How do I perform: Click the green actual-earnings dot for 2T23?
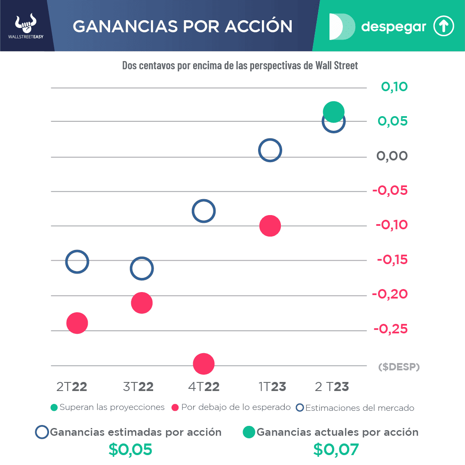click(333, 112)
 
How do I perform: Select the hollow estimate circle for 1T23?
click(270, 151)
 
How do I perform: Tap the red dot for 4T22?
click(204, 364)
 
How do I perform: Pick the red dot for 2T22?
click(77, 323)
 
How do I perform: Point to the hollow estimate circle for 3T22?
click(142, 268)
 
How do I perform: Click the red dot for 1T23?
click(270, 226)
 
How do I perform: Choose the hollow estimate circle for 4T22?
click(204, 211)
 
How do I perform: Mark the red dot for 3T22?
click(142, 303)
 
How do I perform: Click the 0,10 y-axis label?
click(394, 87)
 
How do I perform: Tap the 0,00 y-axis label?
click(392, 156)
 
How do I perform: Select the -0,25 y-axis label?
click(390, 329)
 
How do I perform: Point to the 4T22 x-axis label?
click(204, 387)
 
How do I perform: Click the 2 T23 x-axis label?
click(332, 387)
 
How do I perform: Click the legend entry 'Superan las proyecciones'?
click(108, 407)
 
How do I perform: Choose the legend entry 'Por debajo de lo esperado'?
click(231, 407)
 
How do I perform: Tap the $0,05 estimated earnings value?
click(130, 450)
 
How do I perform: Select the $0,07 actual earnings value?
click(336, 450)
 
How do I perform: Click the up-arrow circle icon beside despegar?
click(443, 27)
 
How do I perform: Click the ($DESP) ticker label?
click(399, 367)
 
